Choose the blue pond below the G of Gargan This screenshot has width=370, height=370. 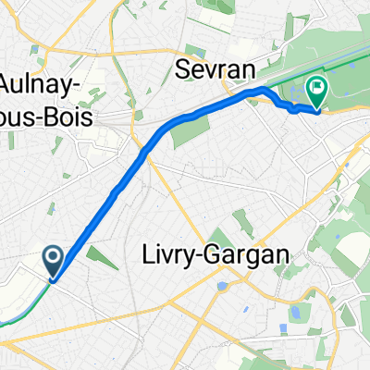(222, 286)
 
